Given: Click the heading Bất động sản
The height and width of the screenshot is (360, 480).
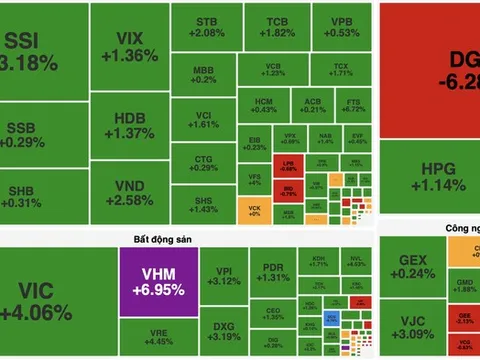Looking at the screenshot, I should click(x=162, y=238).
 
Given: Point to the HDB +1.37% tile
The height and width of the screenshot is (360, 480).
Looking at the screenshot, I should click(x=128, y=125).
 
